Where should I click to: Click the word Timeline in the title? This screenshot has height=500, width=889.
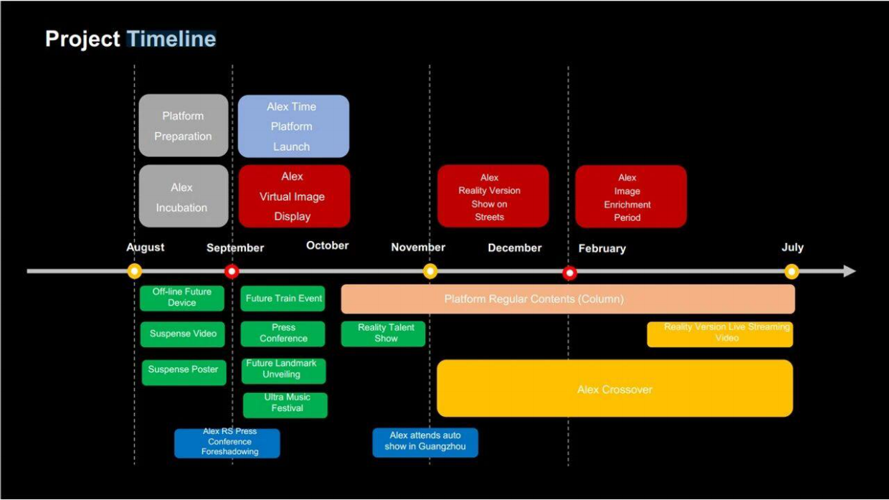[171, 39]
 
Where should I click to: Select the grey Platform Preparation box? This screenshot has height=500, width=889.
[184, 126]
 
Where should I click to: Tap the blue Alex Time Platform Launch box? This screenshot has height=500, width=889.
[293, 126]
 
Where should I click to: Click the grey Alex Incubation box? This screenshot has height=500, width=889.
[184, 196]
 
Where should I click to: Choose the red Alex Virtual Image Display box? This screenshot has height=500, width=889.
[294, 196]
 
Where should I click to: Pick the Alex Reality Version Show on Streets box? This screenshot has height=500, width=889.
[493, 196]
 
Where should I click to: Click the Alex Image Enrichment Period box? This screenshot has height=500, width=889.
[631, 197]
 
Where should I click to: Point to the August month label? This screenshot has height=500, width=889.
[146, 247]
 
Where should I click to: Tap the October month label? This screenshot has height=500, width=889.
[328, 245]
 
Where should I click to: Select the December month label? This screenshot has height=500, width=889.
[515, 247]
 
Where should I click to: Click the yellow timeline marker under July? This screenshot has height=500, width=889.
[791, 272]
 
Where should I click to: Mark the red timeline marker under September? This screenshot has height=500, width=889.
[232, 272]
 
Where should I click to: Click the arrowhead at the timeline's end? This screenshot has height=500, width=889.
[850, 271]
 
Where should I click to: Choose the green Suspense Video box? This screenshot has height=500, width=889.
[183, 334]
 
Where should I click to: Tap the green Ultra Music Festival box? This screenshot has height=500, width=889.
[285, 405]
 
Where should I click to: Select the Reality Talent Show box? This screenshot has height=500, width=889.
[384, 334]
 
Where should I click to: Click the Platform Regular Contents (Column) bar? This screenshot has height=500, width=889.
[568, 299]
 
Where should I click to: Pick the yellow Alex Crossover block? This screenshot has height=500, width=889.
[614, 388]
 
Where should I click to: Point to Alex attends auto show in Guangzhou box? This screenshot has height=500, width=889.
[425, 443]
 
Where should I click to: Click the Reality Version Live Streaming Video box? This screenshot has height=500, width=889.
[720, 334]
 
